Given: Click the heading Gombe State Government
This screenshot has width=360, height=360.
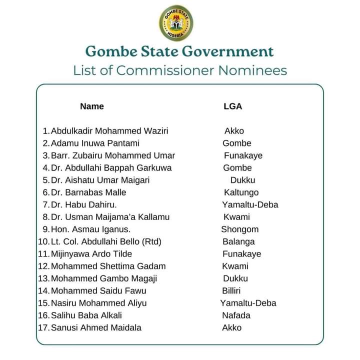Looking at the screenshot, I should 179,51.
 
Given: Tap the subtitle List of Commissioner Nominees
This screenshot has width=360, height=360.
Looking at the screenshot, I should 180,70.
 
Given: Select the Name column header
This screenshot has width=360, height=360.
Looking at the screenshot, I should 92,106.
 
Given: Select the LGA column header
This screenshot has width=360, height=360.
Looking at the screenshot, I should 232,106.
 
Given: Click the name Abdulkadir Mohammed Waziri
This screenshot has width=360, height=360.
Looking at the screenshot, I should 109,131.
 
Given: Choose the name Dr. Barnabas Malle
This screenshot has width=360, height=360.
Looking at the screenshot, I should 88,192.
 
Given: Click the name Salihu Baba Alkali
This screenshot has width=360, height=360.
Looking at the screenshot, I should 86,315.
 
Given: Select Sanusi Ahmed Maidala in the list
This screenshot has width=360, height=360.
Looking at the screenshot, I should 96,328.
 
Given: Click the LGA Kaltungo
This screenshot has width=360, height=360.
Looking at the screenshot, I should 241,192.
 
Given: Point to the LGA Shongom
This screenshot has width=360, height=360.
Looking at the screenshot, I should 240,229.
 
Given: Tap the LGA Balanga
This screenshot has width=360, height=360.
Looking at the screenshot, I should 238,241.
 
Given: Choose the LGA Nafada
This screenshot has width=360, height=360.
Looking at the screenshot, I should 236,315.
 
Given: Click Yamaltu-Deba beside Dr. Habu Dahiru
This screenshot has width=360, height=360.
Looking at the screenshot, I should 250,204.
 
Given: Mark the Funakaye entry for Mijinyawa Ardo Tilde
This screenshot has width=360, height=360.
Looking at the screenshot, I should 242,254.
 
